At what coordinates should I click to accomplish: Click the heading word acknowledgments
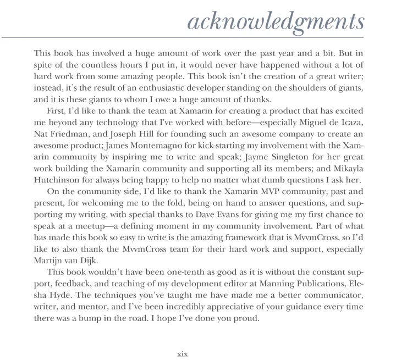(275, 21)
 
